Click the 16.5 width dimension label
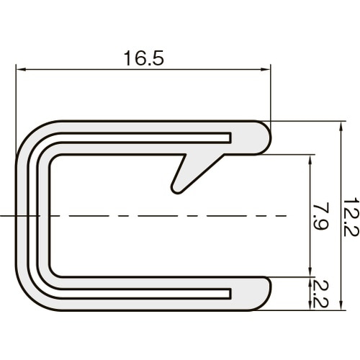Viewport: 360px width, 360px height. click(x=144, y=58)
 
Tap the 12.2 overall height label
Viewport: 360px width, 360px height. click(x=351, y=217)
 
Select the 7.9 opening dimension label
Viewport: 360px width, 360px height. click(x=321, y=216)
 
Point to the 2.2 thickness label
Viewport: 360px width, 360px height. click(x=321, y=294)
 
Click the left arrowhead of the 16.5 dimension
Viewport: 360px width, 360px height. click(x=20, y=70)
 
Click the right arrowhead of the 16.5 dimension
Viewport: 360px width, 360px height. click(x=266, y=70)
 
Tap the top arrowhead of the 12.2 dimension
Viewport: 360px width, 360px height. click(x=340, y=126)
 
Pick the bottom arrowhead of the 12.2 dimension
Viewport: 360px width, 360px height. click(x=340, y=305)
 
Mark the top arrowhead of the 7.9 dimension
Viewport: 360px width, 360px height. click(x=310, y=160)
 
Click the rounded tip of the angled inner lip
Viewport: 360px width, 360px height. click(x=176, y=189)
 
